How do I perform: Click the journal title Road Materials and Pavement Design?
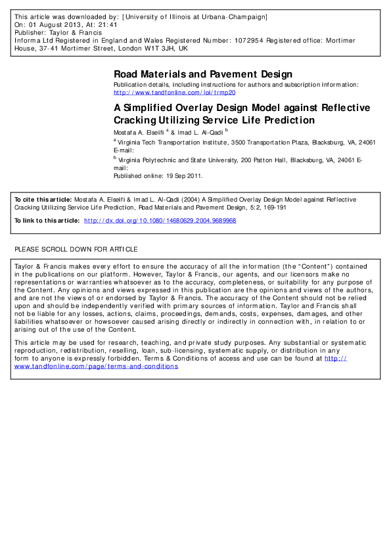pos(203,74)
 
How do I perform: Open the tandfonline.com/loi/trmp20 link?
pos(174,93)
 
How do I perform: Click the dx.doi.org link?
pos(160,221)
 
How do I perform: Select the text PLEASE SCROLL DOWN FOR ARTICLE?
pos(76,250)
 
